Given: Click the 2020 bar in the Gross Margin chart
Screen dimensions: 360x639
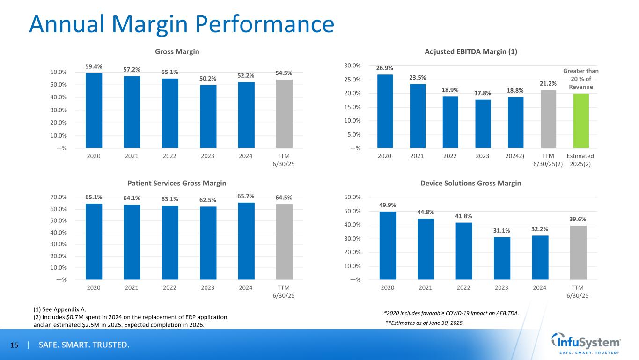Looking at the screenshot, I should point(94,110).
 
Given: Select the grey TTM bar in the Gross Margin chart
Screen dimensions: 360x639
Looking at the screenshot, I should point(284,114).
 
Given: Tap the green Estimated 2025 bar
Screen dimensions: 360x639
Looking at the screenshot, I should point(581,121).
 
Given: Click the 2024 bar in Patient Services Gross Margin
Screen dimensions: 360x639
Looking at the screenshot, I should point(246,241).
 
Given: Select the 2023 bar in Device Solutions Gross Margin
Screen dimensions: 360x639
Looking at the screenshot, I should point(501,258).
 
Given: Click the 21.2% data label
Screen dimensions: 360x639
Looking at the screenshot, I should point(548,84).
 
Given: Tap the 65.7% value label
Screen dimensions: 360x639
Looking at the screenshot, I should point(246,196).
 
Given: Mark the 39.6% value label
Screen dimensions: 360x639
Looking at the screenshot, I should point(578,219).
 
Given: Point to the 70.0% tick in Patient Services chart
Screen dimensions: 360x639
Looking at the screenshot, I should point(59,198).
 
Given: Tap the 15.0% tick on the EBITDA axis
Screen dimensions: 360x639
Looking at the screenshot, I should point(352,107).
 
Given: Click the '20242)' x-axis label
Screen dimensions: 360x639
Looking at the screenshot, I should point(515,156).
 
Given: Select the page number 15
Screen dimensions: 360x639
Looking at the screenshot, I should point(14,345).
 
